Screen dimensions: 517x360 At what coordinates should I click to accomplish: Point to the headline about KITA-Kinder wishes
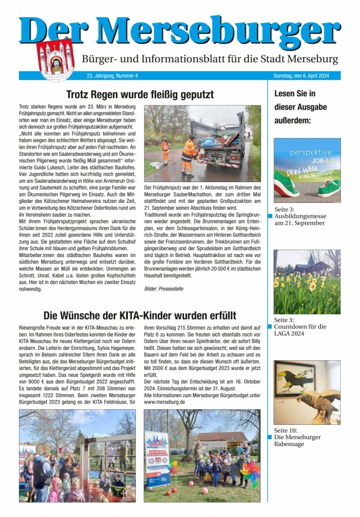[139, 315]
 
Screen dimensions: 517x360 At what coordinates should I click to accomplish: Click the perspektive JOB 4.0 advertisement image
[306, 170]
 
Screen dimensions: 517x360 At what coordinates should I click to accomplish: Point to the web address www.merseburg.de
[164, 402]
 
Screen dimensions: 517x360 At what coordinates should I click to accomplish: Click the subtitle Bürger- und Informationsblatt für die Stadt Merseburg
[210, 59]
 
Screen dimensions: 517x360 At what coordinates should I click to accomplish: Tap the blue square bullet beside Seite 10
[270, 437]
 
